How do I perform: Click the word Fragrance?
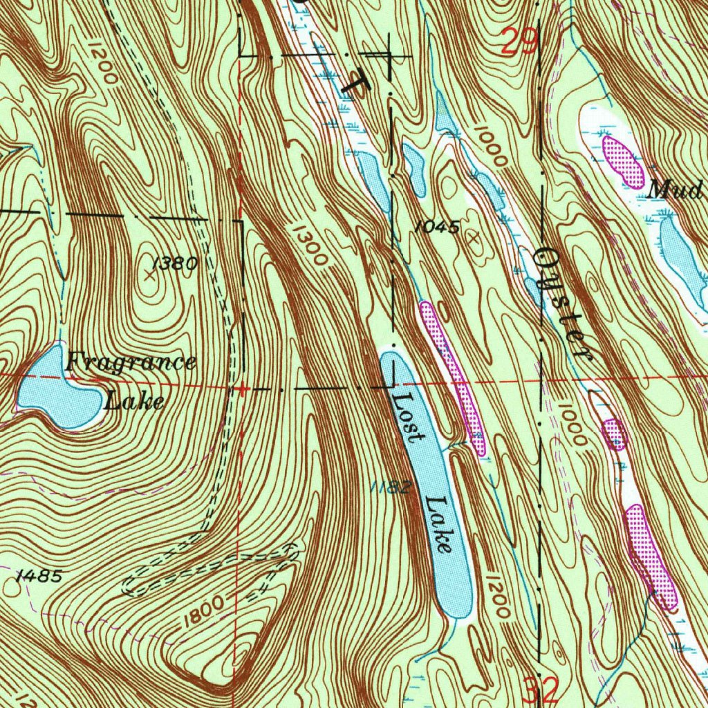pyautogui.click(x=131, y=362)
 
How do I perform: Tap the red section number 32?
pyautogui.click(x=540, y=689)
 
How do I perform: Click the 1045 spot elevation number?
pyautogui.click(x=438, y=226)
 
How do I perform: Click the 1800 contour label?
pyautogui.click(x=205, y=611)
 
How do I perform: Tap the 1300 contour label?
pyautogui.click(x=308, y=245)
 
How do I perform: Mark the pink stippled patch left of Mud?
pyautogui.click(x=623, y=161)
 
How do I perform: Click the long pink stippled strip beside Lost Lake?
pyautogui.click(x=453, y=378)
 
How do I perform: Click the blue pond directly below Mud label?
pyautogui.click(x=680, y=259)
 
